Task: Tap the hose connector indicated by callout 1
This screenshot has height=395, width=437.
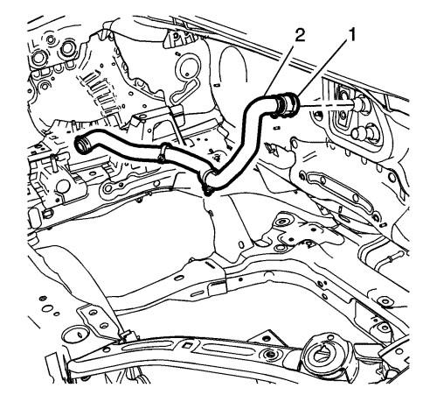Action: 287,102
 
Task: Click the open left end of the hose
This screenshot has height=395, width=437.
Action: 81,144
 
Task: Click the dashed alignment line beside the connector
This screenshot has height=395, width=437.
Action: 326,105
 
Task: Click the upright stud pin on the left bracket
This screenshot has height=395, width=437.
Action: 53,161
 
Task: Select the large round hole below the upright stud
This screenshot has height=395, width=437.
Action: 64,187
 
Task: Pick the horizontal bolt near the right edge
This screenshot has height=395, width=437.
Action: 391,257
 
